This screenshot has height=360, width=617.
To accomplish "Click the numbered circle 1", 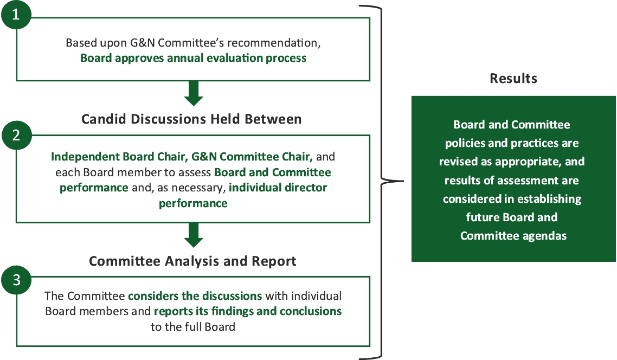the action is pos(16,14).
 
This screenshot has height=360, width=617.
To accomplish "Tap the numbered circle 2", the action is pos(16,135).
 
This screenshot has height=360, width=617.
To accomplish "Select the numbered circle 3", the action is pos(16,280).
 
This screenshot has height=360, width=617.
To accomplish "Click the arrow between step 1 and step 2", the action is pos(194,93).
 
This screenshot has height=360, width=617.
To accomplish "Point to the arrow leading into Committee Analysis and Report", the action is pos(194,235).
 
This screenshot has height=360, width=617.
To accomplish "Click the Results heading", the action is pos(513,78).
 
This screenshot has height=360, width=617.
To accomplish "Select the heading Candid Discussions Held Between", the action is pos(191,119).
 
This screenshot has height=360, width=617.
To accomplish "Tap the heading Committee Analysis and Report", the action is pos(192,261).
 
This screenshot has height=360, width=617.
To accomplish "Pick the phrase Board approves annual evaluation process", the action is pos(193,58).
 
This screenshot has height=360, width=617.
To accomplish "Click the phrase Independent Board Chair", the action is pos(118,157).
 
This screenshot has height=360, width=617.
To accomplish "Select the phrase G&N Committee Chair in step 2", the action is pos(252,157).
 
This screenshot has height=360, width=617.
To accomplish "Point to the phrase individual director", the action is pos(278,188).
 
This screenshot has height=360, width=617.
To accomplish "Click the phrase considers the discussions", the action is pos(195,296).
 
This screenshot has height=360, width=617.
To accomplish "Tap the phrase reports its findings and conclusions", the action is pos(248,311).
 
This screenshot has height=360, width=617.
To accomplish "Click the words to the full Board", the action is pos(193,326).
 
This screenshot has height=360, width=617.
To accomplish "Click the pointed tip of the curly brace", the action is pos(403,182).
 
